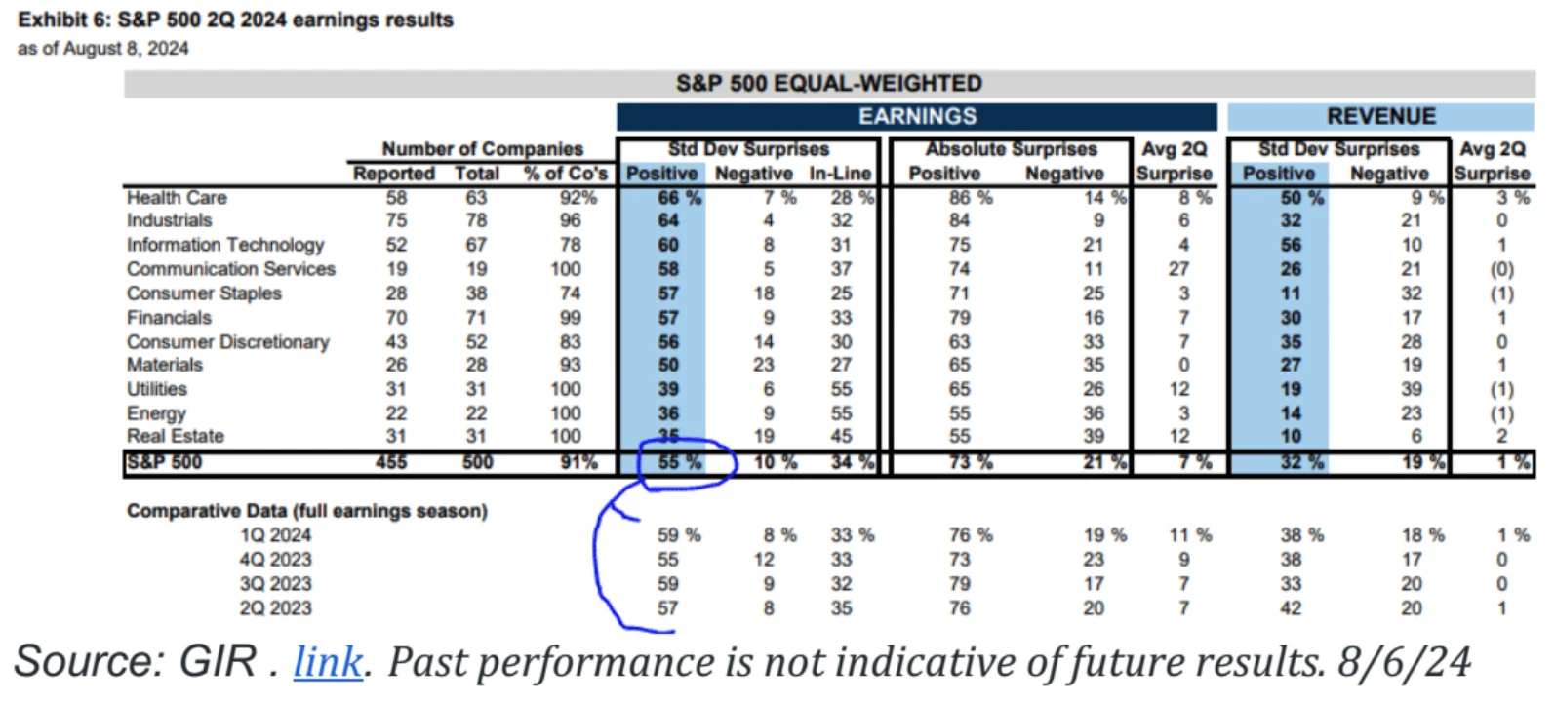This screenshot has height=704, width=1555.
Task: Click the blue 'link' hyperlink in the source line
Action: point(328,662)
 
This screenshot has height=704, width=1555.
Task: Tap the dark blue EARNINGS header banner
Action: point(917,117)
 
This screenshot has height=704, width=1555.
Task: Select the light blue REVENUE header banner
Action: point(1380,117)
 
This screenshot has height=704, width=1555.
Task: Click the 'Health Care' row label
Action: point(177,198)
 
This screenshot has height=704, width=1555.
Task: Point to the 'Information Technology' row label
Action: point(225,245)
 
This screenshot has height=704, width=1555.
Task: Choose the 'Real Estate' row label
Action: point(176,436)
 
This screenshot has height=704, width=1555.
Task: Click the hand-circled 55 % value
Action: point(679,462)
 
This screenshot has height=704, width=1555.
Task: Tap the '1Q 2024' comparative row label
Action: point(276,535)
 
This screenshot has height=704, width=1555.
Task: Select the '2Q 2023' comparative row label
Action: point(276,608)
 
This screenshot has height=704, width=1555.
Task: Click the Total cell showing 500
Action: point(477,462)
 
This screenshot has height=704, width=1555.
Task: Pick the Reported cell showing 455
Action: point(391,462)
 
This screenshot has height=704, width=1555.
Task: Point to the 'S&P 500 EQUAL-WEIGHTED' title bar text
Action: point(829,84)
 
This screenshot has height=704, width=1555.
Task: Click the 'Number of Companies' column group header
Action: point(482,149)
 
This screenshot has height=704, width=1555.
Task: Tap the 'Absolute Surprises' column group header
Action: point(1011,149)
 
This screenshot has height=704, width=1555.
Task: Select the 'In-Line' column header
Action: point(840,174)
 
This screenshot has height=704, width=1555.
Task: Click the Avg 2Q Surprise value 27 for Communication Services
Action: point(1178,269)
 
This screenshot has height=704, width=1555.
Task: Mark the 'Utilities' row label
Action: point(157,389)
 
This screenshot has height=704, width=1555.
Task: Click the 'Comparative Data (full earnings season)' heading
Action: point(307,511)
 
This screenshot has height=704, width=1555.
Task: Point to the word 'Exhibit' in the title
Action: point(51,20)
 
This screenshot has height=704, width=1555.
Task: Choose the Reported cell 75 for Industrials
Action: point(396,220)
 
